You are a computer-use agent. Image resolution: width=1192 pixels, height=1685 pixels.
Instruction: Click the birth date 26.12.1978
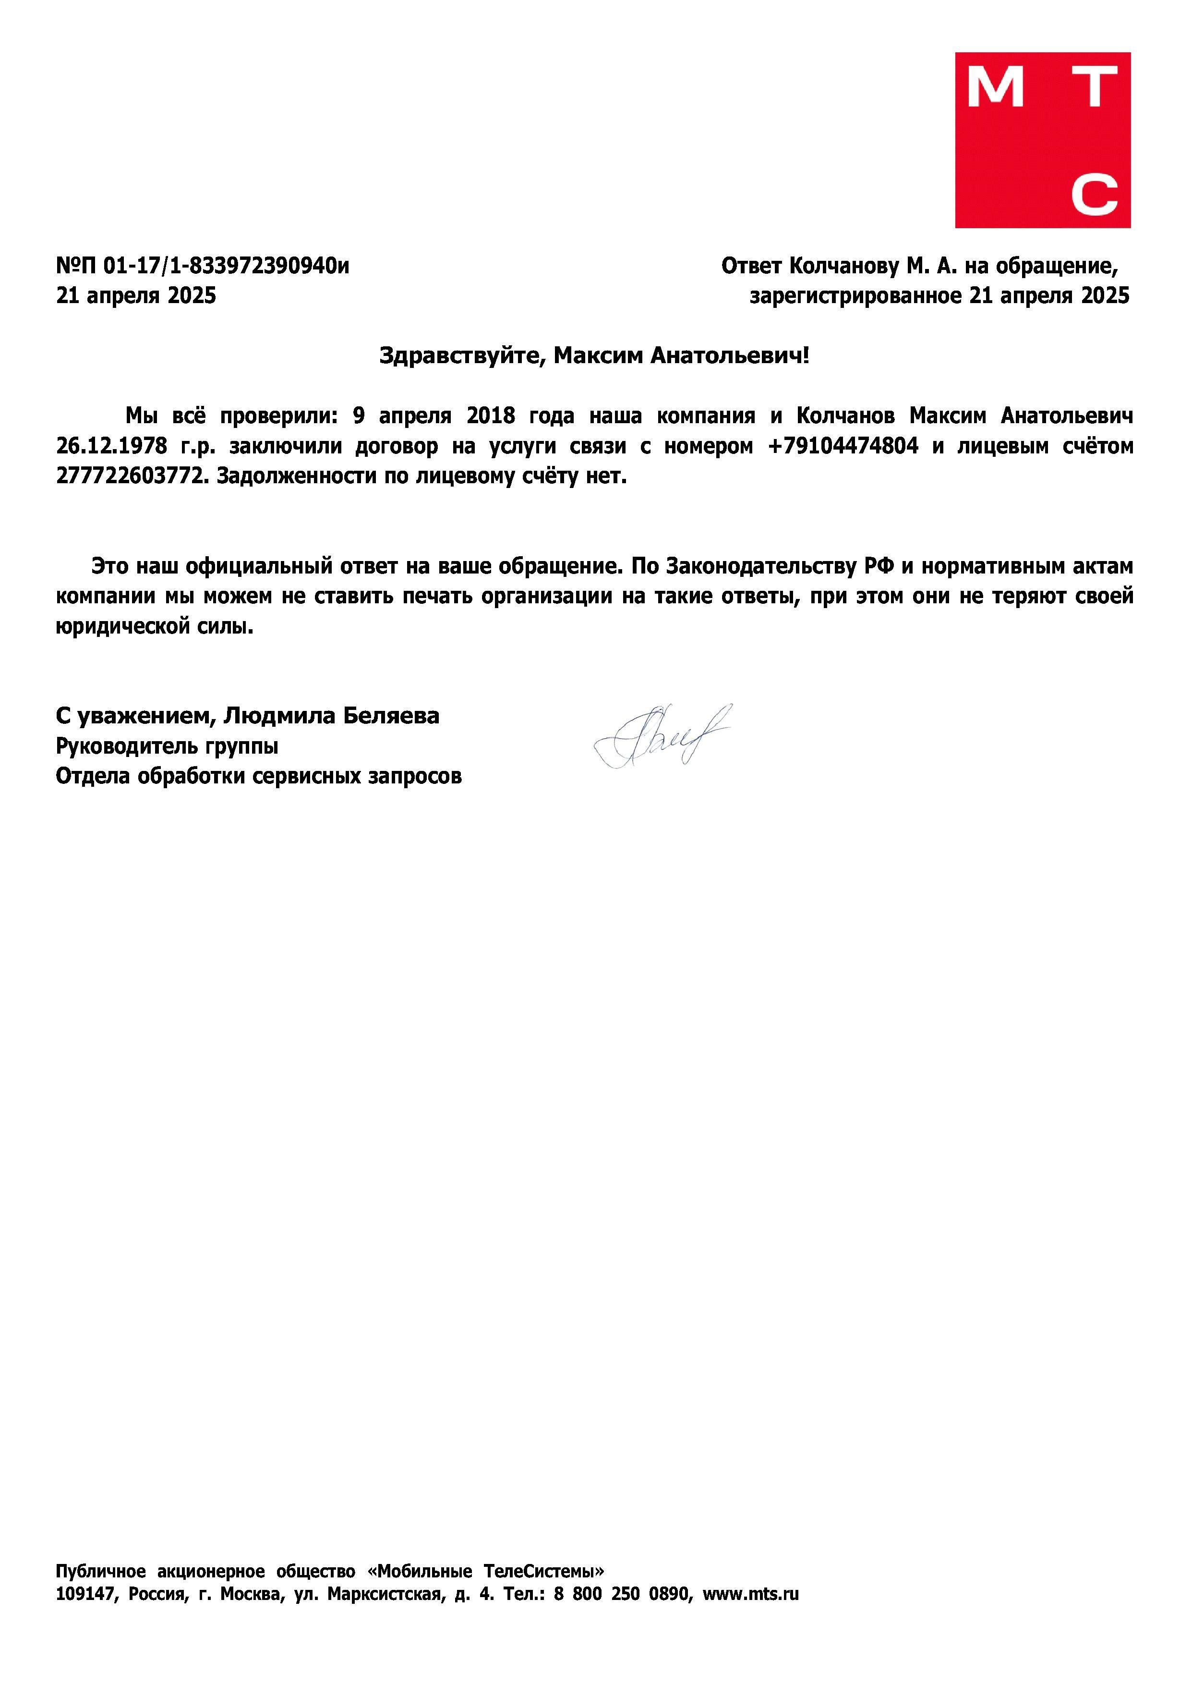(x=111, y=446)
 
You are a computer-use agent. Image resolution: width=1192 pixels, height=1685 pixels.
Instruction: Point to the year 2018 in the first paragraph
(x=490, y=416)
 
